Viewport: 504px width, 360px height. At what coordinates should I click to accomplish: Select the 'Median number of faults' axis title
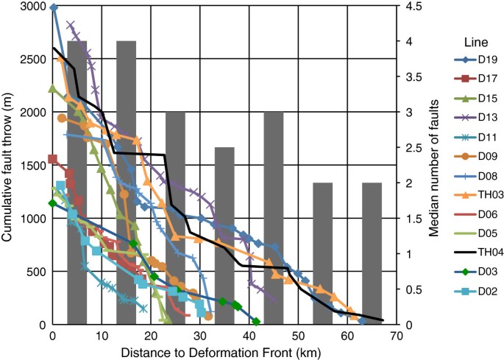pyautogui.click(x=434, y=166)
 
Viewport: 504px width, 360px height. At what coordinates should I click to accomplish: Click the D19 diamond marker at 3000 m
pyautogui.click(x=54, y=7)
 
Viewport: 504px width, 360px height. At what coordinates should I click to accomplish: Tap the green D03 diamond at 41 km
pyautogui.click(x=256, y=322)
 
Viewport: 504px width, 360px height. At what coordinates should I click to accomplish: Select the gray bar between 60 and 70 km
pyautogui.click(x=372, y=254)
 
